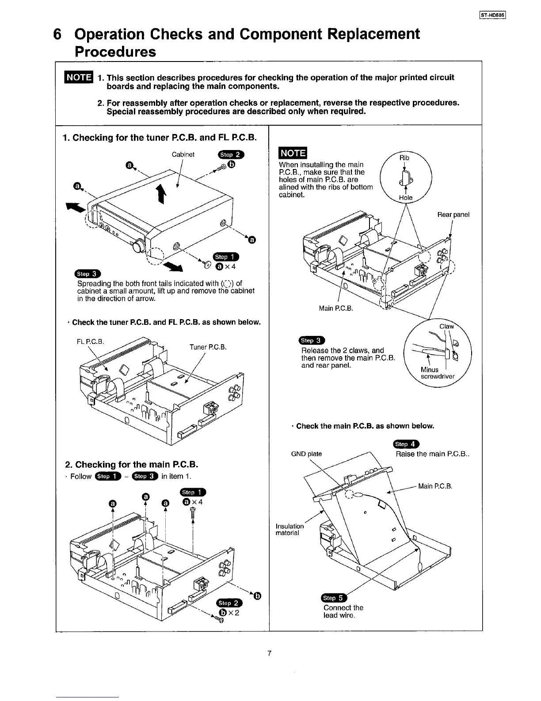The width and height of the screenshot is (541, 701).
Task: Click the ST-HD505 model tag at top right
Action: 495,18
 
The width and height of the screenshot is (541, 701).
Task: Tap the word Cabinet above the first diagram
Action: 183,154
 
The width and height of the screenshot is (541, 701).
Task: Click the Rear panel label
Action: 453,215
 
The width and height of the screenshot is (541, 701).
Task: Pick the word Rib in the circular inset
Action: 404,158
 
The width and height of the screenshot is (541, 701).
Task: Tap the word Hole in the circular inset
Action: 405,198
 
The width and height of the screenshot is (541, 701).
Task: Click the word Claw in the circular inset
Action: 447,327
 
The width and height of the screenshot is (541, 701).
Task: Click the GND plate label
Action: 306,454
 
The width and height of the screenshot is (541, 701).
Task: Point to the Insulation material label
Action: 290,529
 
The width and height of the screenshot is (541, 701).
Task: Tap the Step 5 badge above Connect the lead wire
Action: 333,598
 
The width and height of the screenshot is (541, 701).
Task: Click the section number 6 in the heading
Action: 57,34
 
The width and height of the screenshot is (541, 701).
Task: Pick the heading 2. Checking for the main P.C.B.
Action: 131,464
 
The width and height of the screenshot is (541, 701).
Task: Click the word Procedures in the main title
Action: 115,52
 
